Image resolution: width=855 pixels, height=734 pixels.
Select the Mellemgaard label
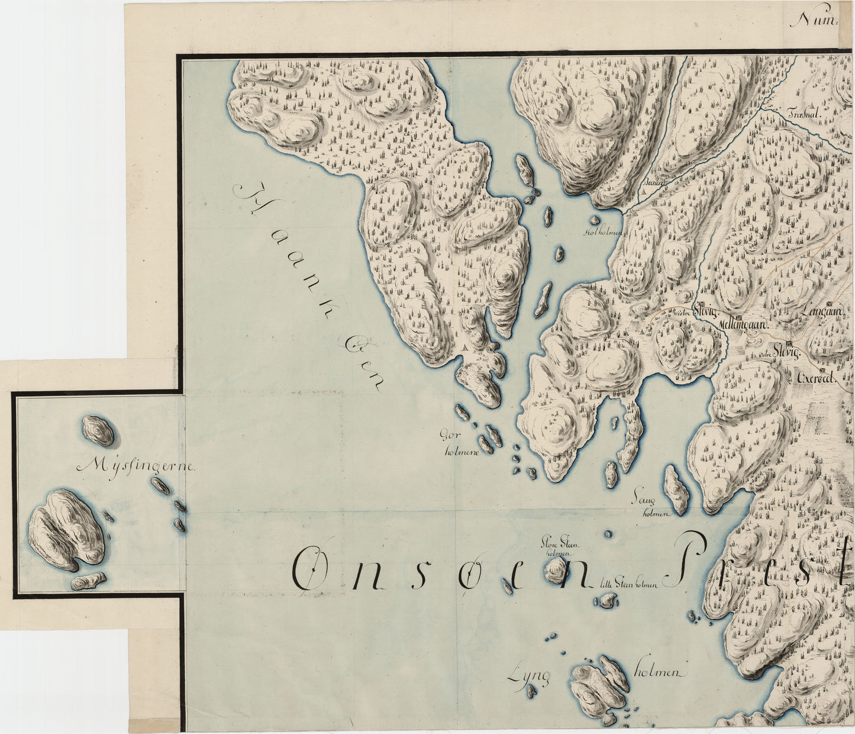point(743,326)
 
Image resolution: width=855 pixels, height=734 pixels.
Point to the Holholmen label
point(603,233)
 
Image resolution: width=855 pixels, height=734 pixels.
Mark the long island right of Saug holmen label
point(677,489)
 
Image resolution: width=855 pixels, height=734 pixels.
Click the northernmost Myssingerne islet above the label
point(98,430)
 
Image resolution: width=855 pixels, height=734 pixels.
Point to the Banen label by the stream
point(656,183)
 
